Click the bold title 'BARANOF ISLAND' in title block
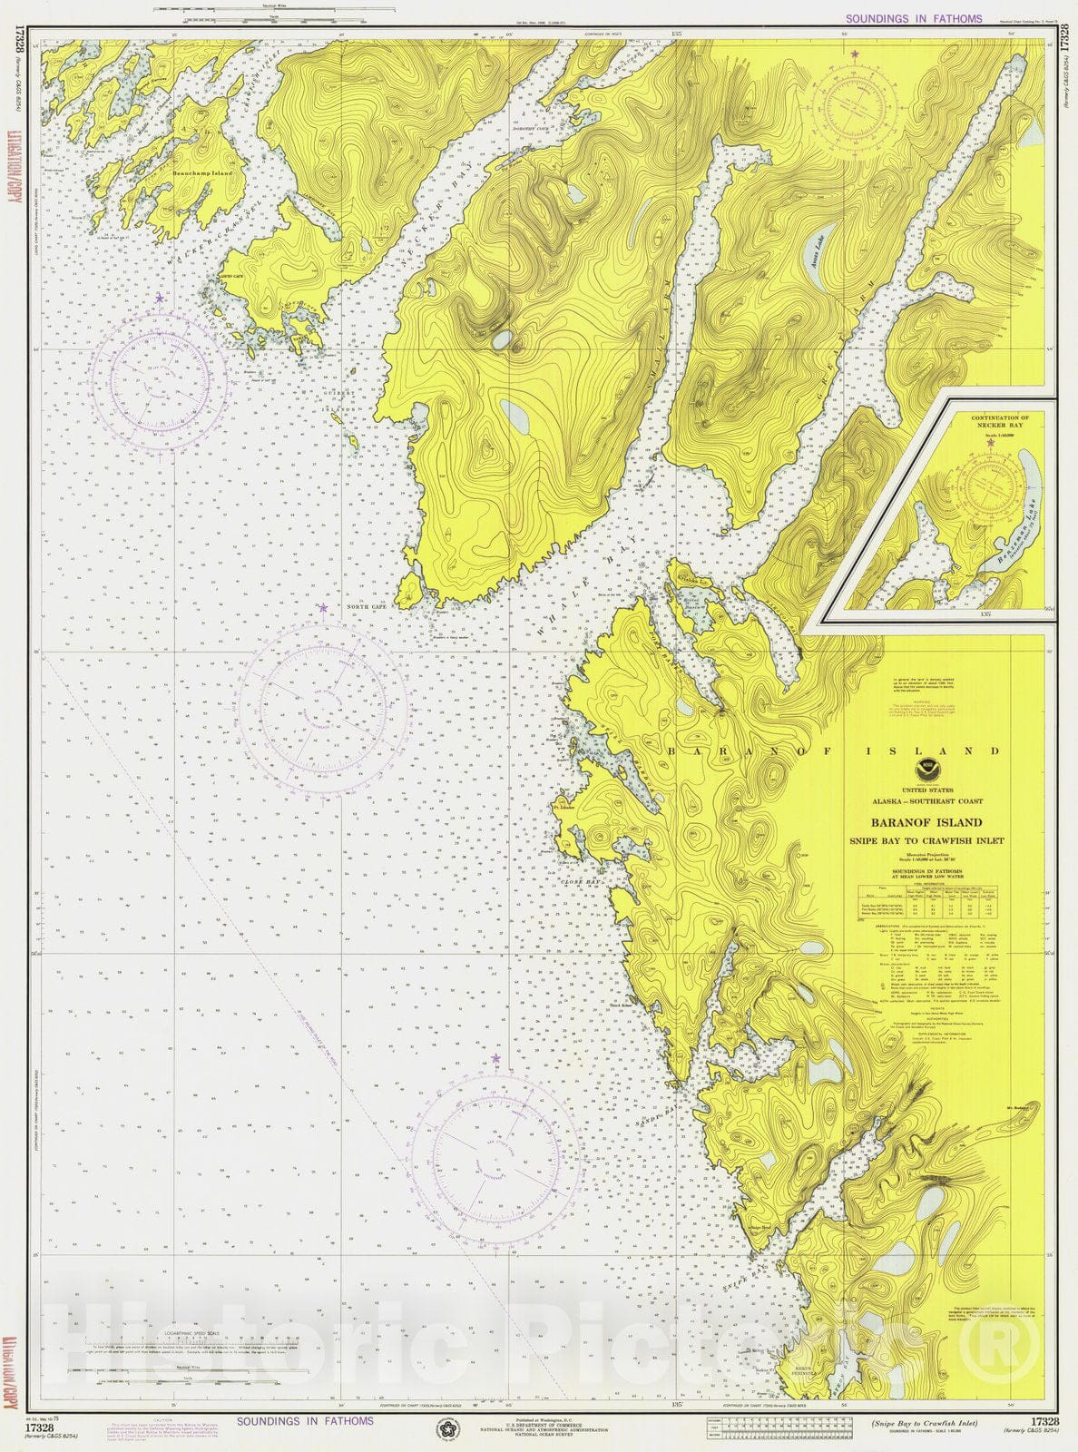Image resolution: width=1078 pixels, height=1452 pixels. (x=926, y=822)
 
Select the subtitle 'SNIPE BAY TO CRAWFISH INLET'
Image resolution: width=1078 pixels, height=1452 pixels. (x=926, y=840)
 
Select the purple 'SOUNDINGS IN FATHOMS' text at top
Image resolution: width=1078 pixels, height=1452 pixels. (x=913, y=18)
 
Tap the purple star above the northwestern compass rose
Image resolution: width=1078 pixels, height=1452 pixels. (x=160, y=298)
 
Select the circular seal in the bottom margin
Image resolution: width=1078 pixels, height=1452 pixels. (x=447, y=1430)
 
